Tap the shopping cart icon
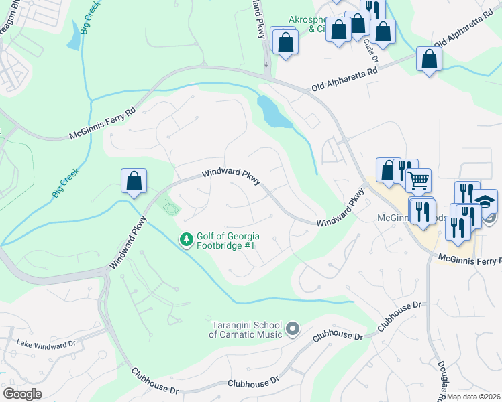[418, 180]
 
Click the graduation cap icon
[485, 200]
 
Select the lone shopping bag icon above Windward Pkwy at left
[134, 181]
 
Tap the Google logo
[22, 393]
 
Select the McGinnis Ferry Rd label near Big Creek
[102, 124]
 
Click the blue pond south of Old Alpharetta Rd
[274, 112]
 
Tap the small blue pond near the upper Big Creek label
[73, 40]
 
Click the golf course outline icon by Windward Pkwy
[171, 208]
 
